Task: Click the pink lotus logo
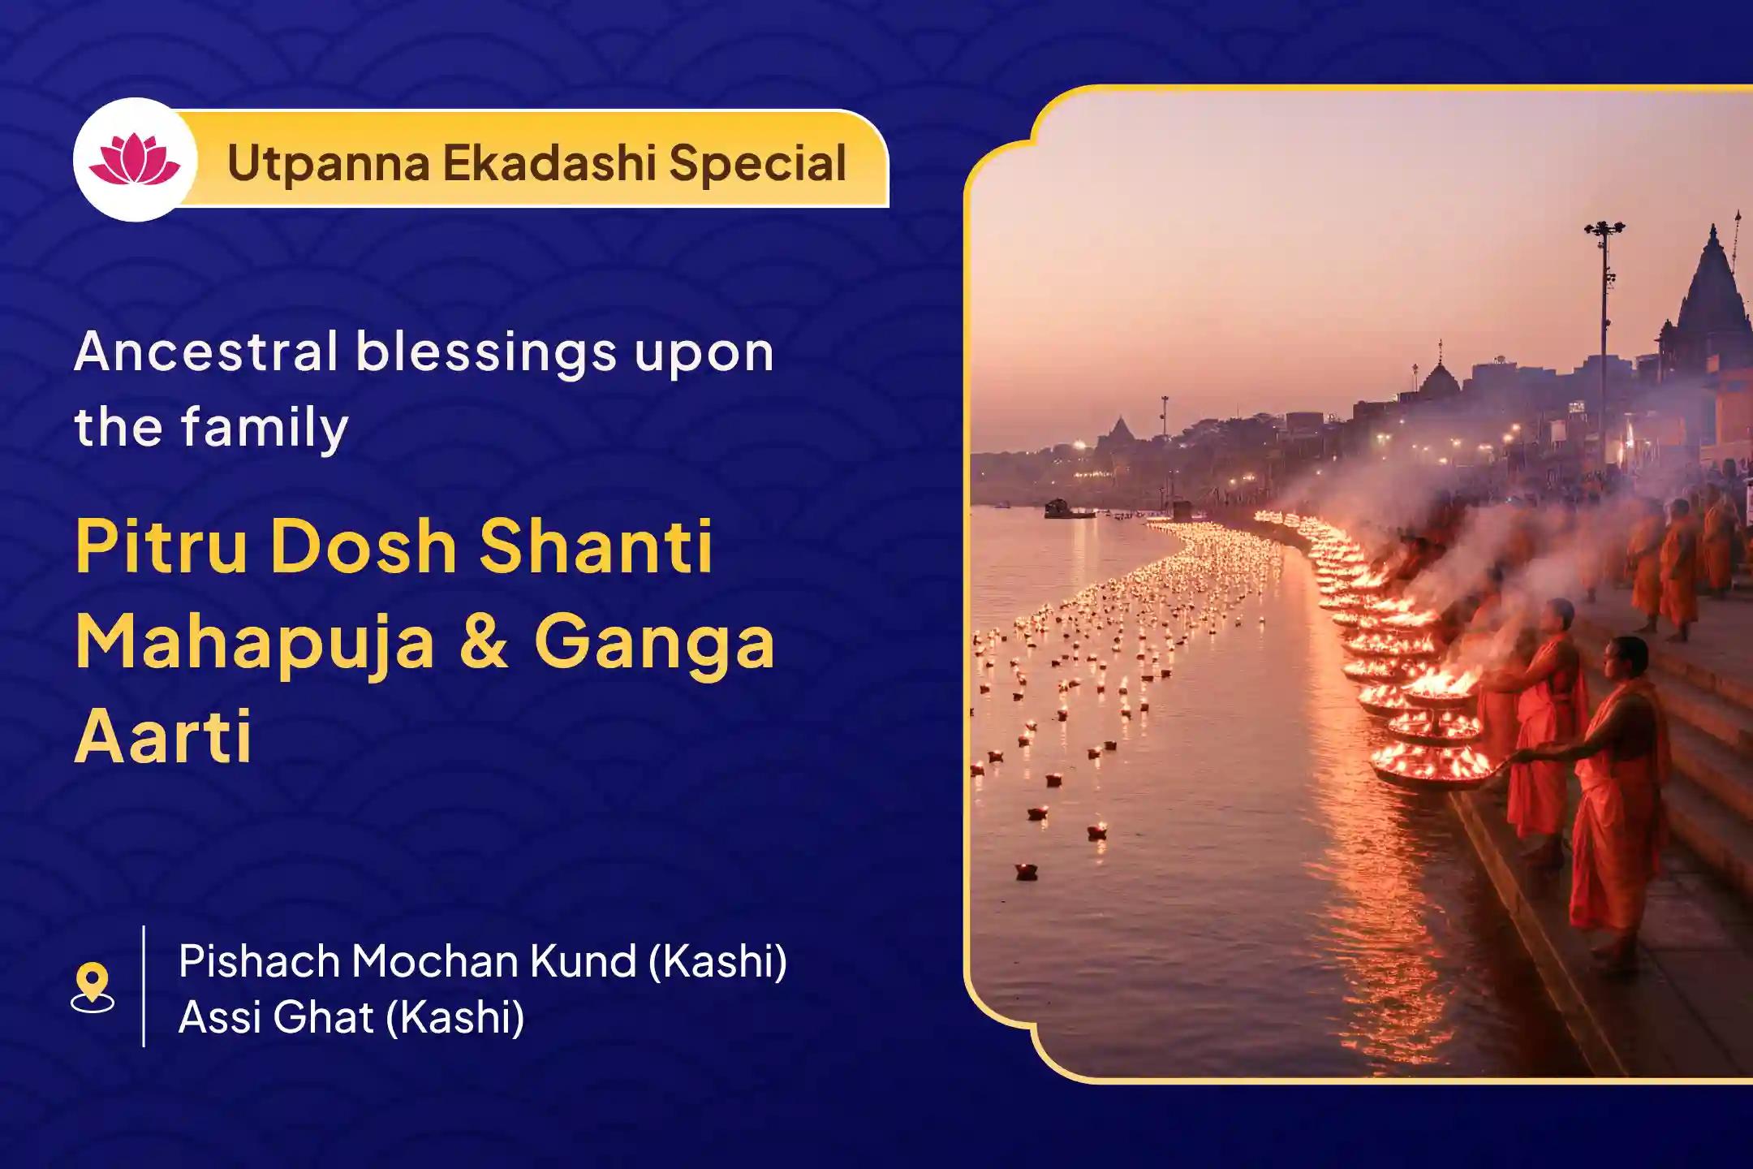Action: pos(135,160)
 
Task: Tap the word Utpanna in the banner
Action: pos(328,163)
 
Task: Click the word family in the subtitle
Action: pos(265,428)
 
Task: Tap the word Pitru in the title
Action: pos(162,546)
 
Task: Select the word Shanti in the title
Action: pos(597,546)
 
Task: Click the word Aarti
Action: pos(163,736)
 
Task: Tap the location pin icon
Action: pos(93,986)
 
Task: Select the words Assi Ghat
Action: pos(276,1017)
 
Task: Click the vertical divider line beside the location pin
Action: pos(144,986)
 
